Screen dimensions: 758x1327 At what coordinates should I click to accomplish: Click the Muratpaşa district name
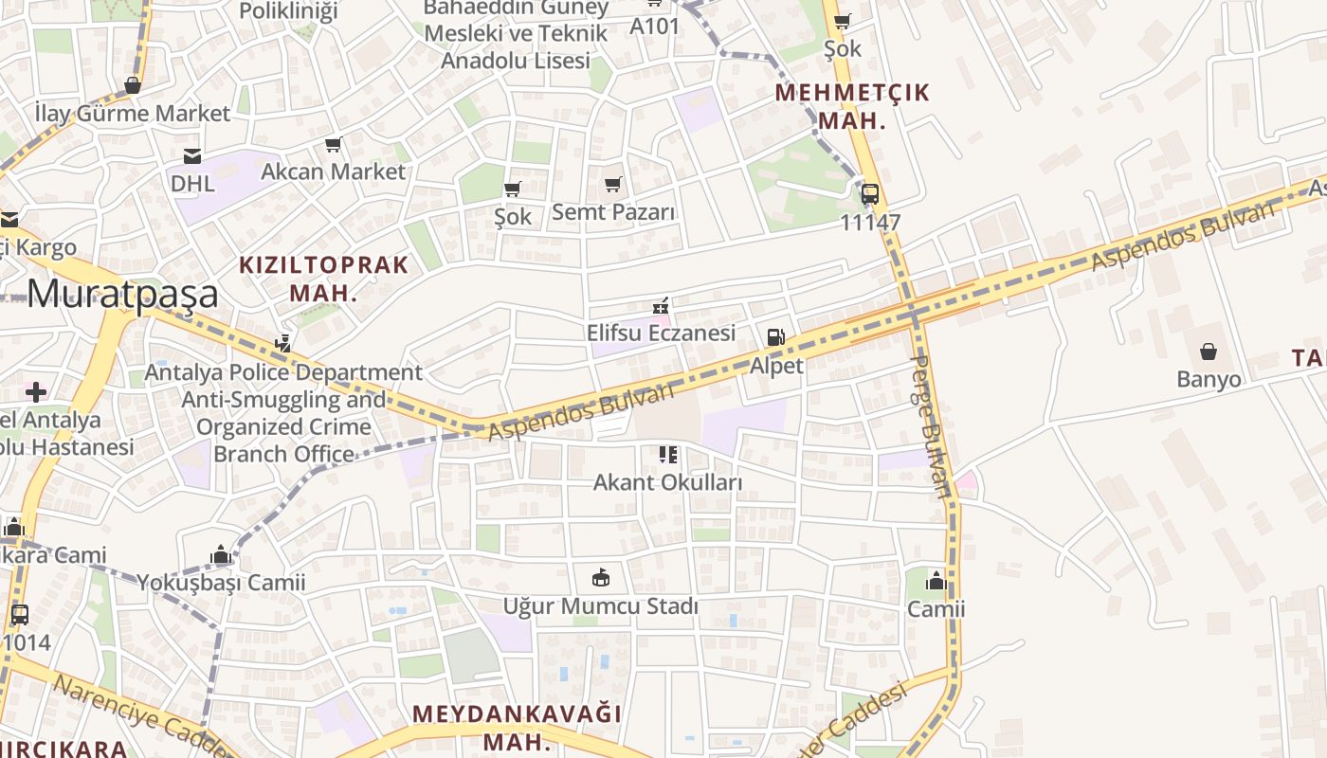[x=122, y=294]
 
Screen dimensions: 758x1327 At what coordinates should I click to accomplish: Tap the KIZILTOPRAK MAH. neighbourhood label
[x=323, y=279]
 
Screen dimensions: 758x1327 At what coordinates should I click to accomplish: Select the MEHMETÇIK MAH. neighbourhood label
[x=852, y=106]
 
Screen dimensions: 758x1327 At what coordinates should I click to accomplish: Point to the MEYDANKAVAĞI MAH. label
[x=517, y=726]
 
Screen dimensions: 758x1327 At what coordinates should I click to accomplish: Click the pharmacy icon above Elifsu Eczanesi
[x=661, y=306]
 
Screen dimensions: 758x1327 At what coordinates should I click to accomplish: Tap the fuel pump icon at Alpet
[x=775, y=337]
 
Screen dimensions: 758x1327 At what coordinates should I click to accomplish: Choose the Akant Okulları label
[x=667, y=482]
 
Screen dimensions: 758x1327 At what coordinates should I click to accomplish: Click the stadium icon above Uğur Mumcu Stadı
[x=600, y=577]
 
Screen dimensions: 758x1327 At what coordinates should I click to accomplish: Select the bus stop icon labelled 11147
[x=869, y=194]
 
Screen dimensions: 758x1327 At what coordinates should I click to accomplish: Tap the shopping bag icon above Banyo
[x=1209, y=352]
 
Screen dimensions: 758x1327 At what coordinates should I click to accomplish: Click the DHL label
[x=192, y=183]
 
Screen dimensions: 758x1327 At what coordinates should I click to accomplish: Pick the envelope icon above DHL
[x=192, y=155]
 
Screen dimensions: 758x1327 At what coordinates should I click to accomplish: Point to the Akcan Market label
[x=333, y=171]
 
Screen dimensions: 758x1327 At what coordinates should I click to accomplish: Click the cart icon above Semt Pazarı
[x=613, y=184]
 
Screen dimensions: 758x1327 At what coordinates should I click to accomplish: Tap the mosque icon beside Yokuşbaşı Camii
[x=221, y=554]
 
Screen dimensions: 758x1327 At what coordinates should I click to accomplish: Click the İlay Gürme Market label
[x=132, y=114]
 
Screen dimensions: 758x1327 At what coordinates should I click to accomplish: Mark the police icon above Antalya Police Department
[x=282, y=343]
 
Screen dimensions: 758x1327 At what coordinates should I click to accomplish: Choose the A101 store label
[x=655, y=26]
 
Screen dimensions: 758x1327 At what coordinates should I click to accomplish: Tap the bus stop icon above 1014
[x=20, y=614]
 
